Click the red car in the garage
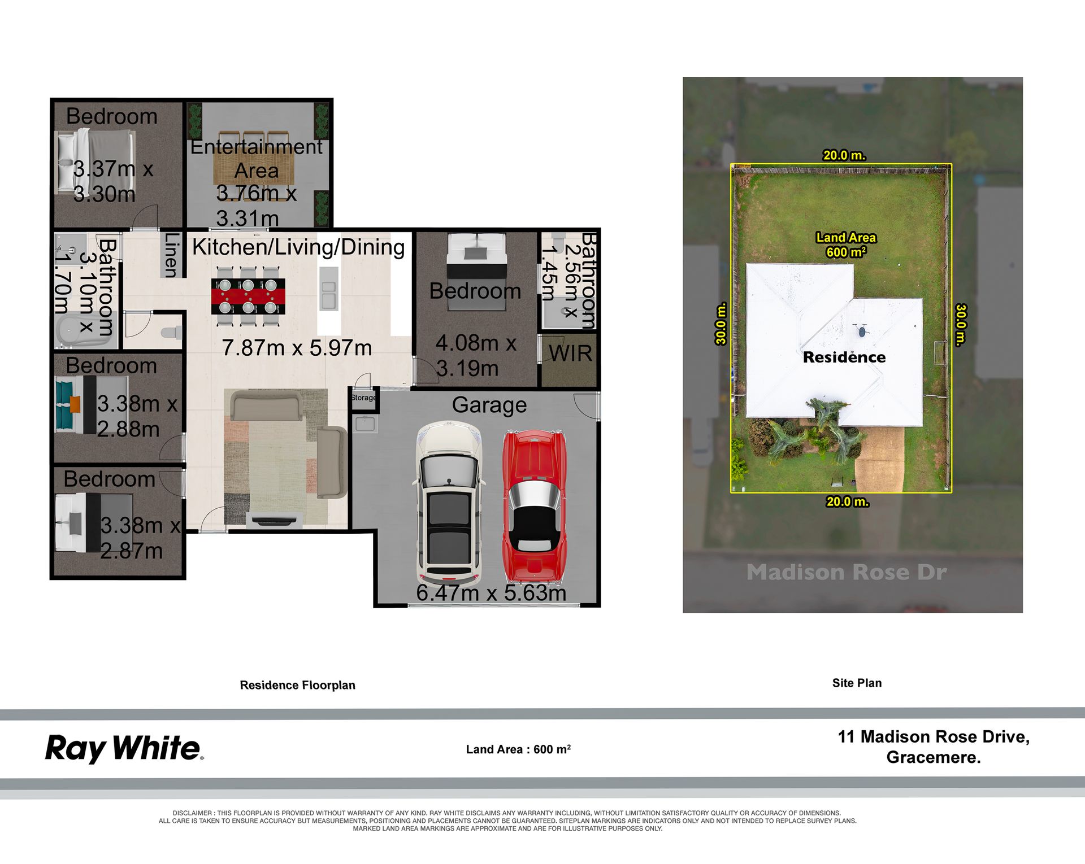(x=534, y=507)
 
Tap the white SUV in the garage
(x=450, y=503)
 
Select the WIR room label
(x=570, y=354)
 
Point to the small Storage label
(x=363, y=398)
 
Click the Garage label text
(x=489, y=405)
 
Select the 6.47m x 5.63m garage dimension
(x=491, y=593)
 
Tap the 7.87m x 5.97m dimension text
(x=297, y=348)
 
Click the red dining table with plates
(x=248, y=296)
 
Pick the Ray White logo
(x=124, y=748)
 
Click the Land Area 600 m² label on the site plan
(x=846, y=245)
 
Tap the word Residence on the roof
(x=844, y=357)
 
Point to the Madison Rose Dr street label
(x=847, y=572)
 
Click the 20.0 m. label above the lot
(x=844, y=155)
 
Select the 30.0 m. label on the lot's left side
(x=721, y=324)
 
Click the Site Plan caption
(x=857, y=683)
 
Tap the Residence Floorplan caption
(x=298, y=685)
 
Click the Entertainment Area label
(x=257, y=159)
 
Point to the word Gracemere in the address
(x=933, y=757)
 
